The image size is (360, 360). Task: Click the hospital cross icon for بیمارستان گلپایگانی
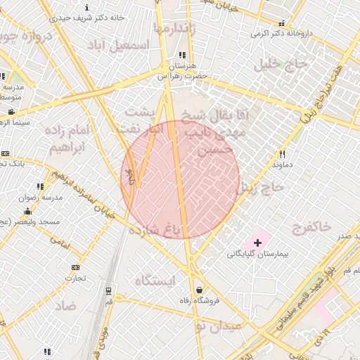(257, 242)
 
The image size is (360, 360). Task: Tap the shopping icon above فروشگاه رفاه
(200, 289)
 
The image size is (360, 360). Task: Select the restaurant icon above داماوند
(282, 153)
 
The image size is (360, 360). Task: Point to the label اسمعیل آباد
(119, 44)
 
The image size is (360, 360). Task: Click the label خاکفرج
(310, 226)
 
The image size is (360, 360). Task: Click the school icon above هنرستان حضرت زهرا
(182, 55)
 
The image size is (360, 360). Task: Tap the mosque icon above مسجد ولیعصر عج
(28, 211)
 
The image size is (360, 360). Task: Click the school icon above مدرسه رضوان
(41, 186)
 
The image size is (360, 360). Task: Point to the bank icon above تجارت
(75, 267)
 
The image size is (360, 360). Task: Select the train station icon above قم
(108, 290)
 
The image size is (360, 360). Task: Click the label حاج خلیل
(283, 65)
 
